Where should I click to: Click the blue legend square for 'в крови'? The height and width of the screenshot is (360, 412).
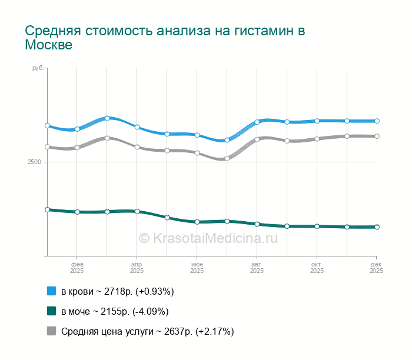click(51, 291)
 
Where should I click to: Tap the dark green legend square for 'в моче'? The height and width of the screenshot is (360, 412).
click(51, 311)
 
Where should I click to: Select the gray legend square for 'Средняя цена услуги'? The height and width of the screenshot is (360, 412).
click(51, 331)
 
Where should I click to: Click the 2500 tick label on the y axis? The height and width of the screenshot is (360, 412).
click(34, 162)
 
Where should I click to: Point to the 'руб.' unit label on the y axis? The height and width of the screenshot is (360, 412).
click(37, 69)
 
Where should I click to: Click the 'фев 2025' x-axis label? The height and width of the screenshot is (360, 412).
click(77, 268)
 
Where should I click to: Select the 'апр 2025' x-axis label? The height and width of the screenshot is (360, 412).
click(137, 268)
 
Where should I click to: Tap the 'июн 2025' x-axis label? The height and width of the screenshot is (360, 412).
click(197, 268)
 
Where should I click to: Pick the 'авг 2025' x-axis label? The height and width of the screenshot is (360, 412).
click(257, 268)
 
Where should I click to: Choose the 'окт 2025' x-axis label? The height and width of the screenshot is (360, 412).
click(317, 268)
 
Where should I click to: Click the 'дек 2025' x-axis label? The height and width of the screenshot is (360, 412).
click(376, 268)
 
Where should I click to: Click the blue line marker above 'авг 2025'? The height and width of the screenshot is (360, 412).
click(257, 122)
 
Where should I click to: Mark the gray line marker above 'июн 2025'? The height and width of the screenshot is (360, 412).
click(197, 153)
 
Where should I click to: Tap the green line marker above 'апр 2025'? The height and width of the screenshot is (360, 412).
click(137, 211)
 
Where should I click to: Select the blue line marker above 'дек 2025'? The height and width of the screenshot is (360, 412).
click(377, 121)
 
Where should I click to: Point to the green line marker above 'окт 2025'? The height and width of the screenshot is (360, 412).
click(317, 226)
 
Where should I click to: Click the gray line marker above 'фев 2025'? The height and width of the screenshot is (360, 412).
click(77, 148)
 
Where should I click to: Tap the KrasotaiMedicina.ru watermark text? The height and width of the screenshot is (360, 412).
click(208, 238)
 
